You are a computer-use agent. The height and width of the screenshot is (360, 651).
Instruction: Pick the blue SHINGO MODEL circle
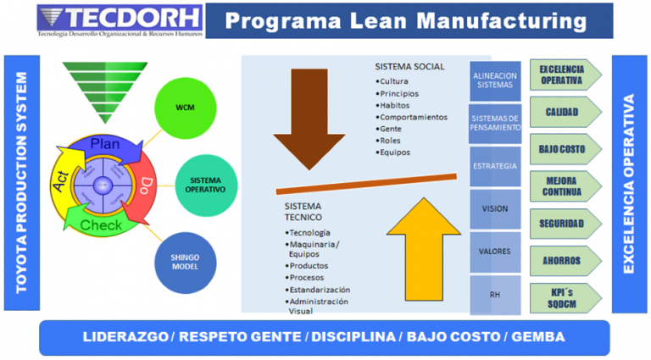click(x=185, y=263)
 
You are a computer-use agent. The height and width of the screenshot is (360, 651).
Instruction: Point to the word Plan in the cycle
click(x=105, y=143)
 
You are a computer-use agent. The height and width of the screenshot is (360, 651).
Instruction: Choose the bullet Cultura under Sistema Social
click(x=398, y=81)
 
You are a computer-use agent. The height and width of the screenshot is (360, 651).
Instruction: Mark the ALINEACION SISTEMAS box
click(x=495, y=81)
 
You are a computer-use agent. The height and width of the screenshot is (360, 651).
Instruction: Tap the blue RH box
click(x=495, y=296)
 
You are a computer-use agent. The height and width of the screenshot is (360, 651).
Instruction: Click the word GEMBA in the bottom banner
click(x=535, y=336)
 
